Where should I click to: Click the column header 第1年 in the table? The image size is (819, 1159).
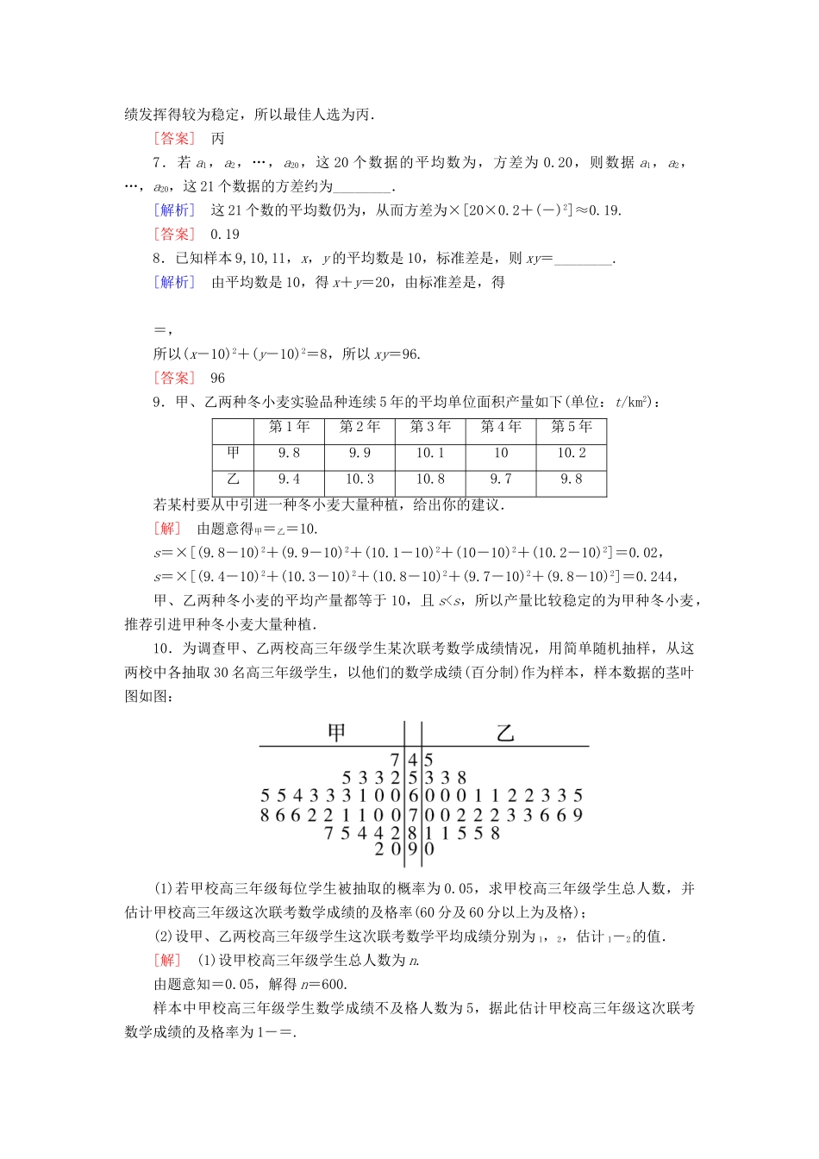(289, 427)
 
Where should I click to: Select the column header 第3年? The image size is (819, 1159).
(430, 427)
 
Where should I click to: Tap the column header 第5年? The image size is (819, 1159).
(571, 427)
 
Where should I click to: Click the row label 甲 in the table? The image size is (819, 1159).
(234, 453)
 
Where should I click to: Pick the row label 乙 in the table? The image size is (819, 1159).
(234, 479)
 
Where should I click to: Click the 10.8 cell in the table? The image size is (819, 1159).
(430, 479)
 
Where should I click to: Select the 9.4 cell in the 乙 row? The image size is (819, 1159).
(289, 479)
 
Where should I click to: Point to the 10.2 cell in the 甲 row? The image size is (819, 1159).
(571, 453)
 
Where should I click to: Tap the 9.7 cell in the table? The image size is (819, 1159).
(500, 479)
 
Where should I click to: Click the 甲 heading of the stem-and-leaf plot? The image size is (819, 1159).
(337, 733)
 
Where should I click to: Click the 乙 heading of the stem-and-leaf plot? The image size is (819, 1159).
(506, 733)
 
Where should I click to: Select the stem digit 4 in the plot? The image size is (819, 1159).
(413, 761)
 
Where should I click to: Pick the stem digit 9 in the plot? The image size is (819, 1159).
(413, 849)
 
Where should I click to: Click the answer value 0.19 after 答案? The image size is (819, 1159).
(225, 235)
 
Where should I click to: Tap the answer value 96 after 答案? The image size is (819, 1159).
(217, 379)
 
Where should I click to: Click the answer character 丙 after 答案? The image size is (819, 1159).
(218, 139)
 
